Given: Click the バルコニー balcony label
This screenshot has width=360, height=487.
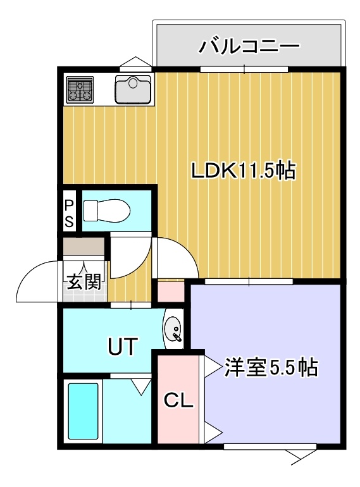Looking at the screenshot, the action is [249, 46].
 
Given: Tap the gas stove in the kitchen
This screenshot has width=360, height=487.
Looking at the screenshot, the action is [80, 90].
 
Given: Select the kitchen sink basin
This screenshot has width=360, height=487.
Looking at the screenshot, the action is [133, 89].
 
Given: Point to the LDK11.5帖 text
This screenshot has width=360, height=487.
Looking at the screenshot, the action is [243, 171].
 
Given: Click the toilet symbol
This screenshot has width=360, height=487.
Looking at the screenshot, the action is [107, 210].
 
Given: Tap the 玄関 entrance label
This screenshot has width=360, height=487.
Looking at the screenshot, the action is [84, 282].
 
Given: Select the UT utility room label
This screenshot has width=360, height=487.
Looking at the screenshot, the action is [123, 346].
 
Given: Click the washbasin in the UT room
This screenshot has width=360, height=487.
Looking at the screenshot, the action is [173, 330].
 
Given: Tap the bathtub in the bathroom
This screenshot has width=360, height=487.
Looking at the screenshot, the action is [84, 411].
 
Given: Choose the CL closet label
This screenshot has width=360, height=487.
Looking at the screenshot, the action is [178, 400].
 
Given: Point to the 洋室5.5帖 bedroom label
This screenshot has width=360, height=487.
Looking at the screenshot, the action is [271, 367].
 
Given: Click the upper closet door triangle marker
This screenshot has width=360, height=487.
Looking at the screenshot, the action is [213, 366].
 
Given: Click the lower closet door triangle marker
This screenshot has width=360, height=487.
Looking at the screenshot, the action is [213, 433].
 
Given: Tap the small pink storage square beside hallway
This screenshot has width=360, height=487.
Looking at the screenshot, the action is [171, 292].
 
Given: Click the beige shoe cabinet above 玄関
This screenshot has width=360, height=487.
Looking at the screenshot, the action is [84, 246].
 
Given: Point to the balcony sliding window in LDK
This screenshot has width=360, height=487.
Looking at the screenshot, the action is [244, 69].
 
